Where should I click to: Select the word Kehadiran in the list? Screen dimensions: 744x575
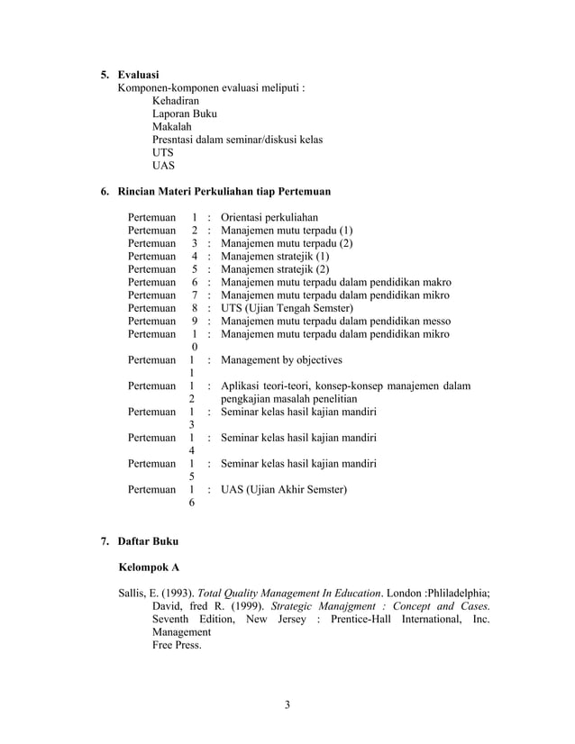click(175, 101)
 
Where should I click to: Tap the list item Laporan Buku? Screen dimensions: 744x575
click(184, 114)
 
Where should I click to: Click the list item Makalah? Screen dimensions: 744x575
click(171, 127)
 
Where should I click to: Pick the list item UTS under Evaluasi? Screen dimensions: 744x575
click(162, 153)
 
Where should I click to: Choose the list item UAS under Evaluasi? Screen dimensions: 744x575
click(163, 166)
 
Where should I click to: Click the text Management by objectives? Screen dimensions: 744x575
click(281, 360)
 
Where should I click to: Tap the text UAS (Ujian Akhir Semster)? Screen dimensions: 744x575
click(284, 490)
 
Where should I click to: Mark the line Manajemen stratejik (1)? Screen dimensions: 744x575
click(275, 256)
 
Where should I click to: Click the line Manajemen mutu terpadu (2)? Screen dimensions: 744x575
click(287, 243)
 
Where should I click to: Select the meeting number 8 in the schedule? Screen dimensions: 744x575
click(195, 308)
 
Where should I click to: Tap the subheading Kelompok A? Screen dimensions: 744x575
click(150, 568)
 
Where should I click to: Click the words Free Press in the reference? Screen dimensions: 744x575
click(177, 646)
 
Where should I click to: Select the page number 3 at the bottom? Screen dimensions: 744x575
click(287, 704)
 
